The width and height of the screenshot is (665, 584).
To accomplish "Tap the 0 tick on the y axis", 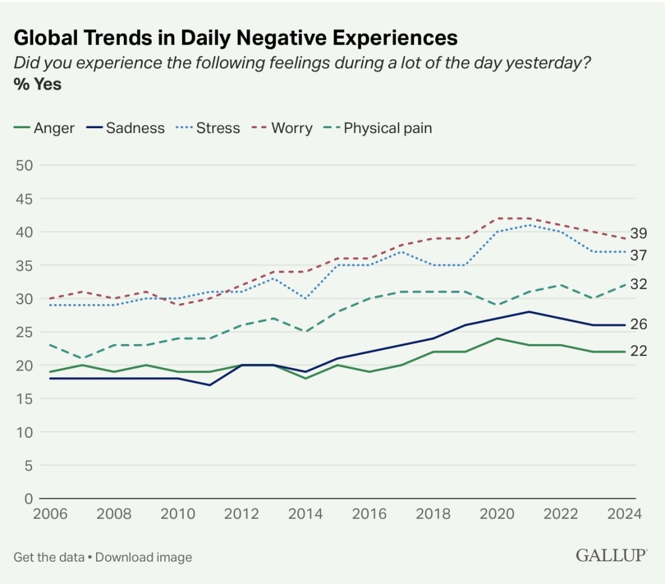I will [x=27, y=499].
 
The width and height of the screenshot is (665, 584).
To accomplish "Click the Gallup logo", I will [x=611, y=556].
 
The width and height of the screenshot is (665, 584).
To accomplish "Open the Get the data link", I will [x=48, y=557].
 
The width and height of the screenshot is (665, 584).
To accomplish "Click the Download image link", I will [x=143, y=557].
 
